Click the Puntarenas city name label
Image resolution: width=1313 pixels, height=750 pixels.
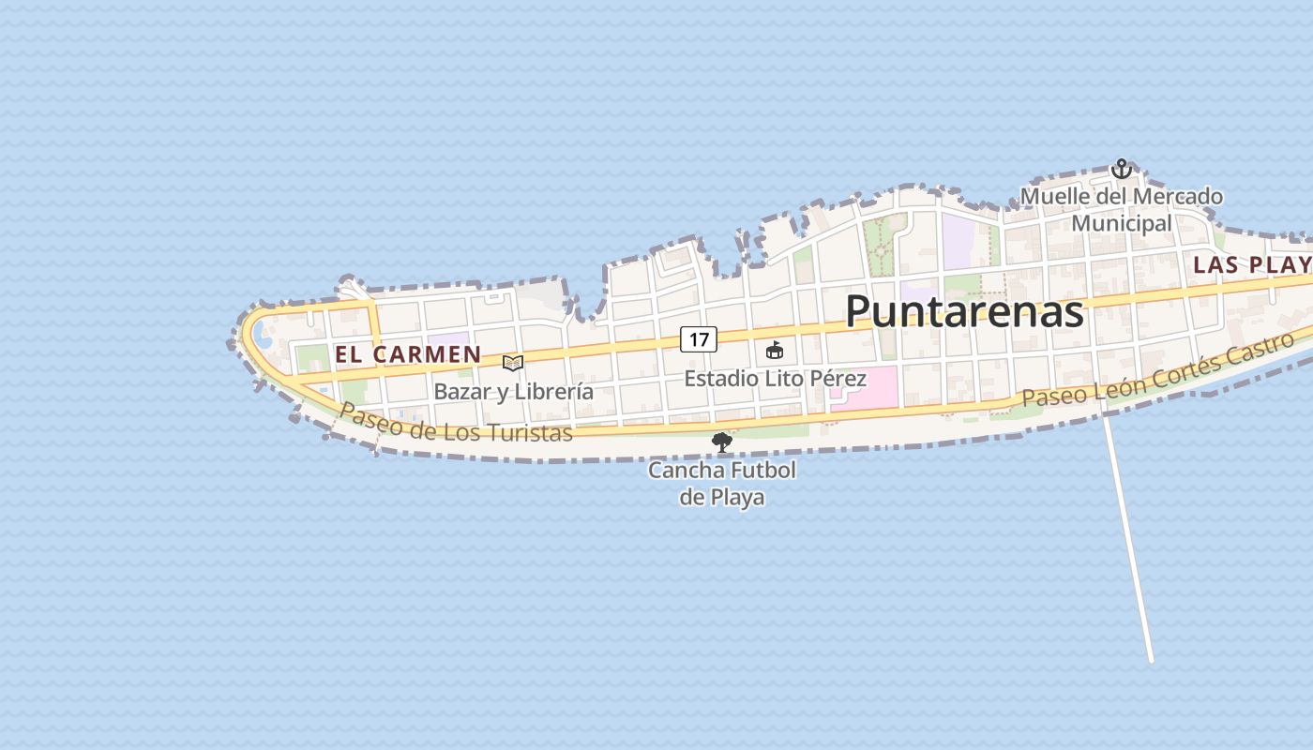point(964,311)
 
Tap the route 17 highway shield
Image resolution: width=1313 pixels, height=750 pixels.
point(699,339)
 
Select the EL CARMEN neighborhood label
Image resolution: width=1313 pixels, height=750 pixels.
point(408,355)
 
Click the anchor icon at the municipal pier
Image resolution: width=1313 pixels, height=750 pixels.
point(1121,169)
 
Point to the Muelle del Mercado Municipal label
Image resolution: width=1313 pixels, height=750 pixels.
point(1122,209)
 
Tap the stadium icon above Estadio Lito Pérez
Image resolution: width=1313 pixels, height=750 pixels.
point(775,351)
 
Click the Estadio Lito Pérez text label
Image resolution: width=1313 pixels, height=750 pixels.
point(775,379)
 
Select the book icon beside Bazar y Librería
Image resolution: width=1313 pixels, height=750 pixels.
point(512,363)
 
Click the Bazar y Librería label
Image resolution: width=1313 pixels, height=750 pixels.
point(513,391)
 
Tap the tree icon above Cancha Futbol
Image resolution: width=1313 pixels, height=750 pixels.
point(721,442)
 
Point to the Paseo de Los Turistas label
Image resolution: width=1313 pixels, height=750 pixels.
point(455,423)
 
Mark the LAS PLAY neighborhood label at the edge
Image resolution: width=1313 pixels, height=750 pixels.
point(1251,265)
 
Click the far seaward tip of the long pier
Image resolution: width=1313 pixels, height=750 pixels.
point(1152,661)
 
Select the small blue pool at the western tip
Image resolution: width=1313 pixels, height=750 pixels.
point(263,336)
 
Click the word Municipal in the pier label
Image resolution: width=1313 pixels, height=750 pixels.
point(1122,223)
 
